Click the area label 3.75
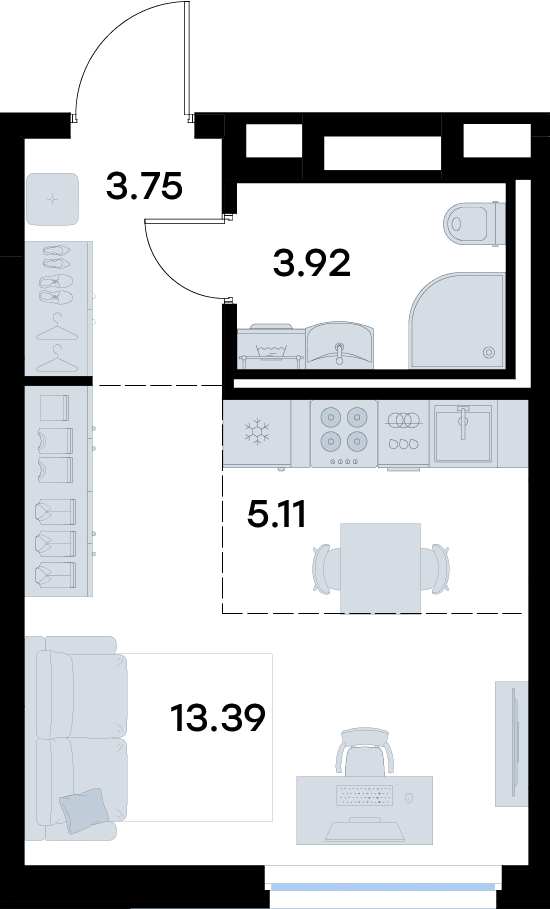(144, 186)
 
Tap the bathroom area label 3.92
(312, 264)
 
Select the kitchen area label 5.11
(276, 514)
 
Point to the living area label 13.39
(218, 718)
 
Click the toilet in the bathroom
(474, 224)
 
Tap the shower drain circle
(489, 352)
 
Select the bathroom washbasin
(340, 346)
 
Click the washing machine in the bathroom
(271, 347)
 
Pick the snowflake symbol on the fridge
(256, 432)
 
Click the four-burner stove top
(344, 433)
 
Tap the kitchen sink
(463, 433)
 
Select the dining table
(380, 568)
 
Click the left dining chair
(326, 569)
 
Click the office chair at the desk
(365, 752)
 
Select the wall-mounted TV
(512, 743)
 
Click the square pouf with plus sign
(53, 199)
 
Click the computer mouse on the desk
(409, 798)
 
